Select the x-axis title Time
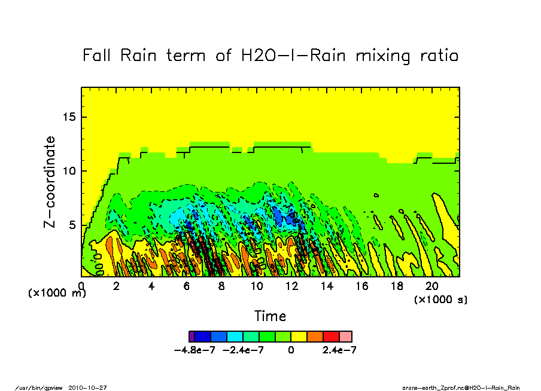coord(270,316)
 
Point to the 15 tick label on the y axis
coord(69,117)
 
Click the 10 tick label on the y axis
coord(69,171)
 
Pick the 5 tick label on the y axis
coord(72,225)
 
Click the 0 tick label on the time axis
coord(81,286)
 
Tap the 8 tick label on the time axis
coord(221,286)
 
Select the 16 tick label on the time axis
coord(361,286)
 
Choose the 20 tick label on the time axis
coord(431,286)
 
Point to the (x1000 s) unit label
coord(440,299)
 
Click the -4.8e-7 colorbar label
coord(194,350)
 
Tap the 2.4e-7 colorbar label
coord(339,350)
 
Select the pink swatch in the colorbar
coord(346,337)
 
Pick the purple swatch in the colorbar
coord(192,337)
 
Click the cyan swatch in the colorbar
coord(235,337)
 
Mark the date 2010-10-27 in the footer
coord(91,387)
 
